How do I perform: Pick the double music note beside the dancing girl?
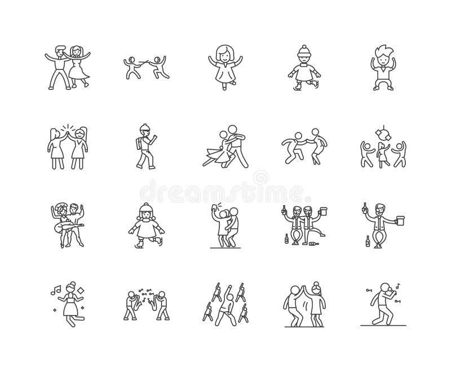[x=56, y=290]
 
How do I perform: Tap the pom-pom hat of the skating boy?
[x=303, y=50]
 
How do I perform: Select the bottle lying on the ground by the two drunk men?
[x=308, y=244]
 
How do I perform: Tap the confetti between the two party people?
[x=145, y=298]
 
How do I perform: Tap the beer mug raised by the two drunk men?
[x=324, y=211]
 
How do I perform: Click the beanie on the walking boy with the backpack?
[x=144, y=127]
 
